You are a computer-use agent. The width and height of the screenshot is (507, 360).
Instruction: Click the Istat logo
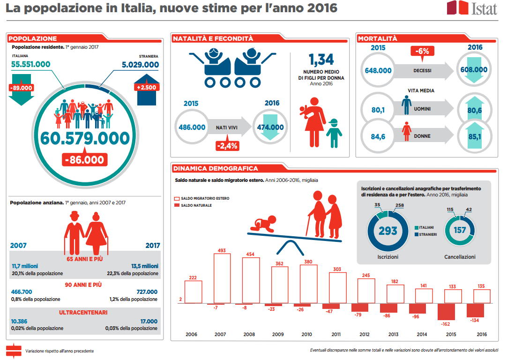coord(471,8)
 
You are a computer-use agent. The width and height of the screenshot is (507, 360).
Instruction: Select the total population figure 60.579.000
coord(84,138)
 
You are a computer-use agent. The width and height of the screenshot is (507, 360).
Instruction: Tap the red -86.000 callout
coord(85,160)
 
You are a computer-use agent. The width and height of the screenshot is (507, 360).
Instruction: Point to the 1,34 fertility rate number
coord(321,60)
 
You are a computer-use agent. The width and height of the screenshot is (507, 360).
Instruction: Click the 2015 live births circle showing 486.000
coord(192,127)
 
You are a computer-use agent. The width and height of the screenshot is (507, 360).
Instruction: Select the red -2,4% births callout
coord(227,145)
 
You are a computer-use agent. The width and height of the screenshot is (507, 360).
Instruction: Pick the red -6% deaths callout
coord(423,51)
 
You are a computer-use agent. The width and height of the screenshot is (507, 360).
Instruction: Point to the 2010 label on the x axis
coord(307,334)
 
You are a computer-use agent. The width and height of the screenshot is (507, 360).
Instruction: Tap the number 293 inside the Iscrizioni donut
coord(388,230)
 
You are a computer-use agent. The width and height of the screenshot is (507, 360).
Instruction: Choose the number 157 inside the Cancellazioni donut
coord(460,230)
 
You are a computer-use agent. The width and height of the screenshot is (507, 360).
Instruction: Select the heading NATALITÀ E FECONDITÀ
coord(213,39)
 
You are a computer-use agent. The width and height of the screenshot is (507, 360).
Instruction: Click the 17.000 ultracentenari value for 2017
coord(149,321)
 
